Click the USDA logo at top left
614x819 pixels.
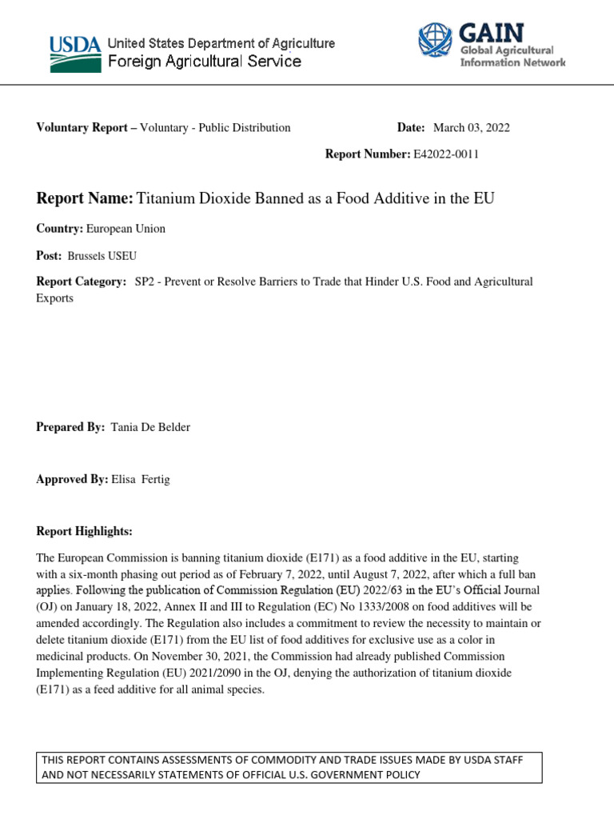tap(75, 53)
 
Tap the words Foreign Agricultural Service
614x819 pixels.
tap(204, 62)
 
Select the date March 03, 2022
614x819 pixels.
tap(471, 128)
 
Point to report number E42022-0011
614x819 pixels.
tap(446, 154)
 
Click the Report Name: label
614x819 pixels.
tap(85, 198)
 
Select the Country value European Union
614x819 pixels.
tap(126, 229)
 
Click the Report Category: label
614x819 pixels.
tap(81, 282)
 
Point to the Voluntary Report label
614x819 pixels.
tap(83, 128)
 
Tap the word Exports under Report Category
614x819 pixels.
tap(54, 298)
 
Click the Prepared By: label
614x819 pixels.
tap(70, 427)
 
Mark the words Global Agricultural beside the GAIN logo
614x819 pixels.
tap(506, 50)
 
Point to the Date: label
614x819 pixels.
tap(412, 128)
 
